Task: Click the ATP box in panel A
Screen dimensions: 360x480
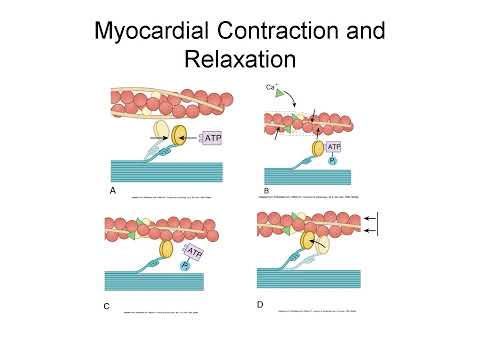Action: coord(214,137)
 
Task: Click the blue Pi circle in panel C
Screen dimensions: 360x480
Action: coord(186,267)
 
